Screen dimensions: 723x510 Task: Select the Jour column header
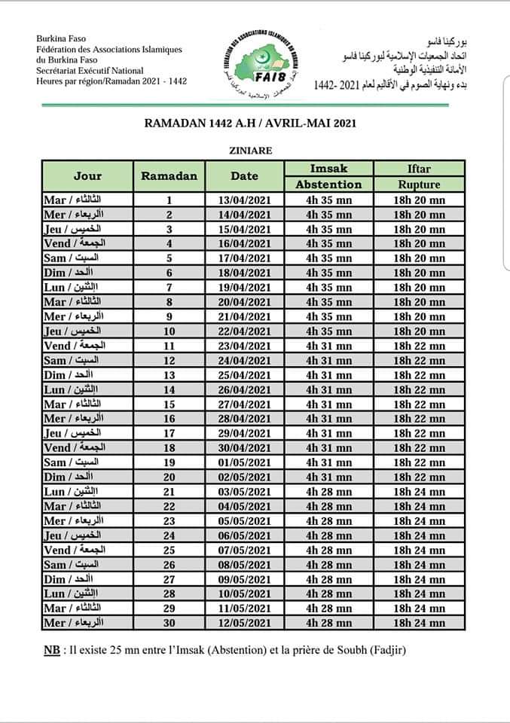point(87,176)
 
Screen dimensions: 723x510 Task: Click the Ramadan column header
point(169,176)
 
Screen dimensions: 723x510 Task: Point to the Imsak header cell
point(328,168)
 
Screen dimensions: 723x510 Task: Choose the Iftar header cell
point(419,168)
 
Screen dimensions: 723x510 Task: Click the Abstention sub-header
point(328,185)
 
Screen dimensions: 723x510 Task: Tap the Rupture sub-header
point(419,185)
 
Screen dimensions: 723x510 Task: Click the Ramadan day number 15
point(169,404)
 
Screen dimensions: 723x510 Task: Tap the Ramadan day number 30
point(169,623)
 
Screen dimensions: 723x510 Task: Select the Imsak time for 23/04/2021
point(328,346)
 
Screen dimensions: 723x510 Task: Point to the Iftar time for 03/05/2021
point(419,492)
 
